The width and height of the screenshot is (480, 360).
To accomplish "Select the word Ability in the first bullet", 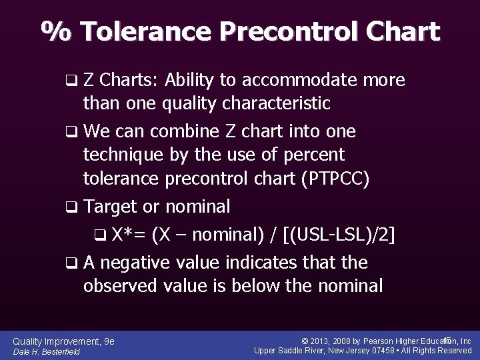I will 189,81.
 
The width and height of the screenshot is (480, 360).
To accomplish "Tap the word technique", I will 123,155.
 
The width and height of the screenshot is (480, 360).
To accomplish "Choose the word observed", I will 121,286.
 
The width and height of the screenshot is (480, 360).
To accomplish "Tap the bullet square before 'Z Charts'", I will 71,81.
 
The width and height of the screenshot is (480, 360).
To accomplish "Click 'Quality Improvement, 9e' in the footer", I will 63,341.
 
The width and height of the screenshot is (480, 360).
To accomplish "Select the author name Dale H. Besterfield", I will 46,351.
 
